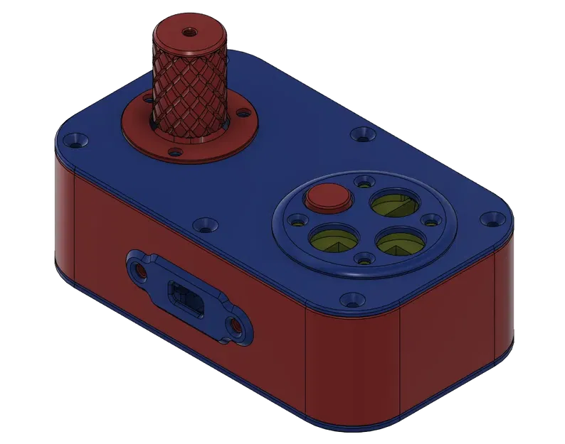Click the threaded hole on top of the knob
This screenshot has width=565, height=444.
pyautogui.click(x=191, y=31)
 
